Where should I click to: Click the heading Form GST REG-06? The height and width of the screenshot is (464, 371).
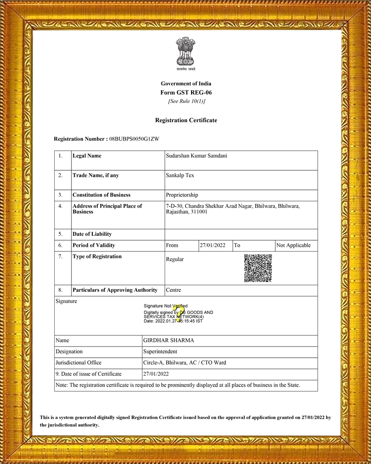(185, 92)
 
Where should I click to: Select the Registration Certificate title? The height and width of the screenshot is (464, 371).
(185, 120)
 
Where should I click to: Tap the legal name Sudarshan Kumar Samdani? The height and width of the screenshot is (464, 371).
(196, 156)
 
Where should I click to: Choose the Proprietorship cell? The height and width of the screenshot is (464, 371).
(182, 195)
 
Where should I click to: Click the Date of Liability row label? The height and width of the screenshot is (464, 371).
(92, 234)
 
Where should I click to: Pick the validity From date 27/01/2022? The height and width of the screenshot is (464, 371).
(212, 245)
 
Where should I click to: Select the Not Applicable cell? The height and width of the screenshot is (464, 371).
(294, 245)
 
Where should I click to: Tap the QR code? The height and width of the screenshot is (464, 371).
(258, 268)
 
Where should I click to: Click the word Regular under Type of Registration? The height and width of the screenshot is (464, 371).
(175, 259)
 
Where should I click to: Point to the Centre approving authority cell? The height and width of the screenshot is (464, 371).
(173, 290)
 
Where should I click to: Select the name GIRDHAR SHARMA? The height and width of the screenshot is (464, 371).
(169, 341)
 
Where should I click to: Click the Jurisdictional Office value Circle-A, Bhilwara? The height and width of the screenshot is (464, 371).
(185, 363)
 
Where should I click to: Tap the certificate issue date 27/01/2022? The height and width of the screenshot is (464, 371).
(156, 374)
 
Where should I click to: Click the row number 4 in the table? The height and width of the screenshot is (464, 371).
(61, 206)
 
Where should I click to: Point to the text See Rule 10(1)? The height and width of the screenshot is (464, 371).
(186, 101)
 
